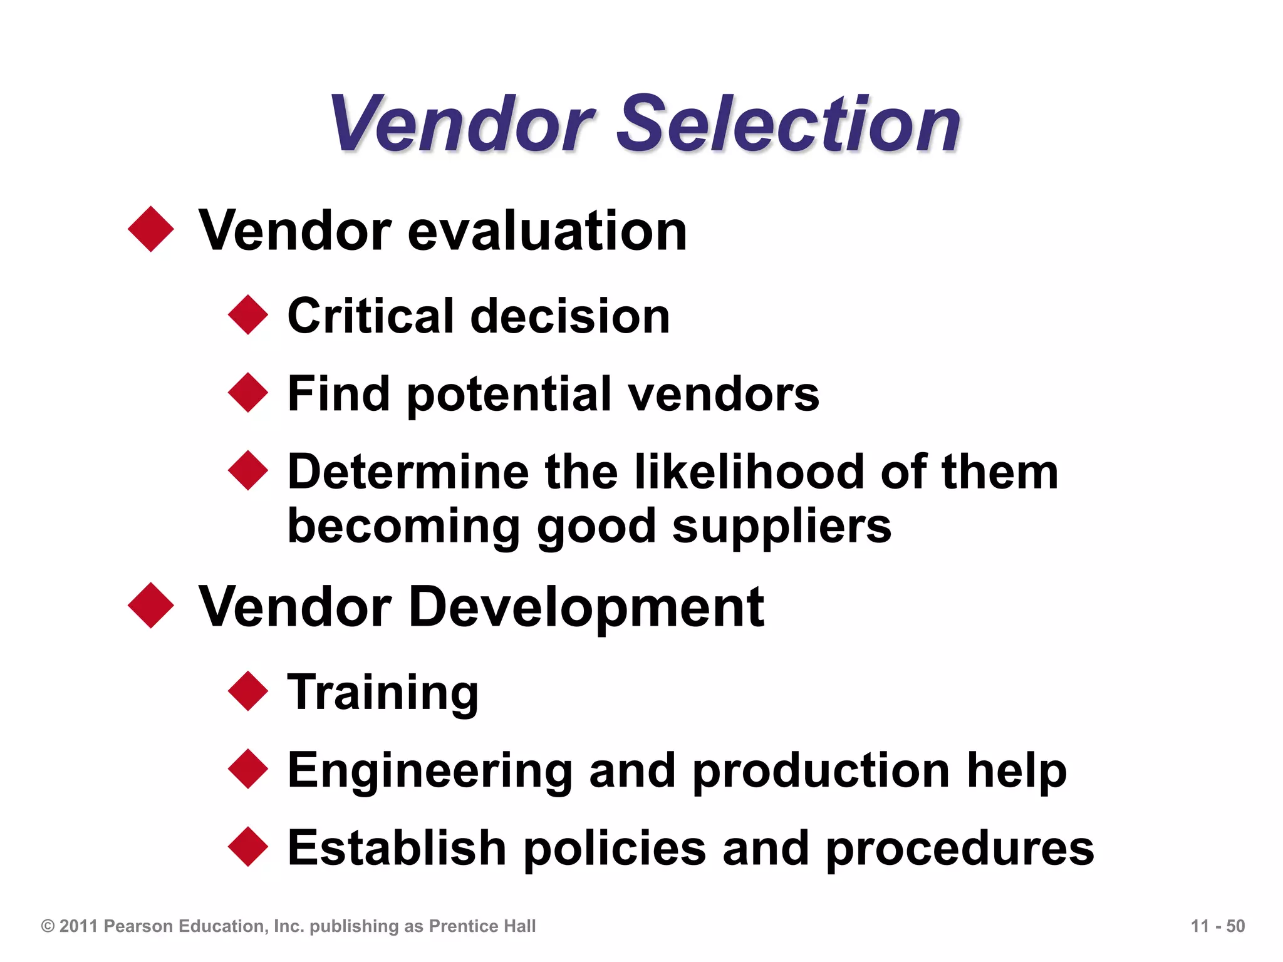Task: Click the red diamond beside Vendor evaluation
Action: click(x=151, y=229)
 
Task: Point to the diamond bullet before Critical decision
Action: click(x=248, y=314)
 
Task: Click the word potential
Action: click(x=509, y=394)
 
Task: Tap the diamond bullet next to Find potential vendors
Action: click(x=248, y=393)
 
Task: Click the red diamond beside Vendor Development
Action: click(x=151, y=605)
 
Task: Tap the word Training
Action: click(x=383, y=693)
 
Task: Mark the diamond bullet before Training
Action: click(x=248, y=691)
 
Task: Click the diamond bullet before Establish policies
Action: click(x=248, y=847)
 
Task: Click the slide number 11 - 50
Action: click(x=1217, y=926)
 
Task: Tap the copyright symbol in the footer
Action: click(x=48, y=926)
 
